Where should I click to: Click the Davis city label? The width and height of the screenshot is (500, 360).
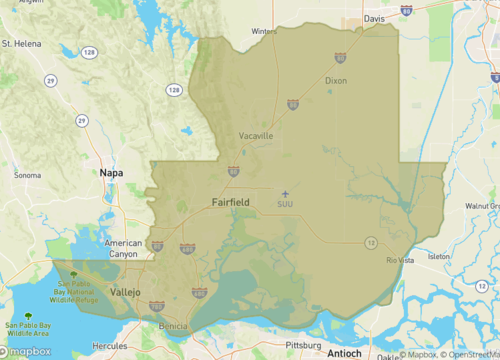(374, 18)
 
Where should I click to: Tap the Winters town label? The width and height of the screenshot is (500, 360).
(263, 31)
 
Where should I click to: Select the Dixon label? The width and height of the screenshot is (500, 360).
(336, 80)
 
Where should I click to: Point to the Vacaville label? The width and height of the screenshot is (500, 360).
(256, 135)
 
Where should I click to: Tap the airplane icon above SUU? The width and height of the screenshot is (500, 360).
(285, 193)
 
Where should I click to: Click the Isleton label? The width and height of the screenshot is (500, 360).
(439, 257)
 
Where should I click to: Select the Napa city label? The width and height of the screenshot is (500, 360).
(111, 173)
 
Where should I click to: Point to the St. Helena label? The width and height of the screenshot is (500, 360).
(20, 44)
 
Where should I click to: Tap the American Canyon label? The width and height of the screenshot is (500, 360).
(124, 249)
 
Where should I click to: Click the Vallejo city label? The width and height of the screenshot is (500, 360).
(125, 291)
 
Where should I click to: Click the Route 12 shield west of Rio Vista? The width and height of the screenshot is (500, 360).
(370, 242)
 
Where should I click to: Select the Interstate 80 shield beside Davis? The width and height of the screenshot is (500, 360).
(406, 11)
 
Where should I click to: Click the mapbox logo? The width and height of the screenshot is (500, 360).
(30, 351)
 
